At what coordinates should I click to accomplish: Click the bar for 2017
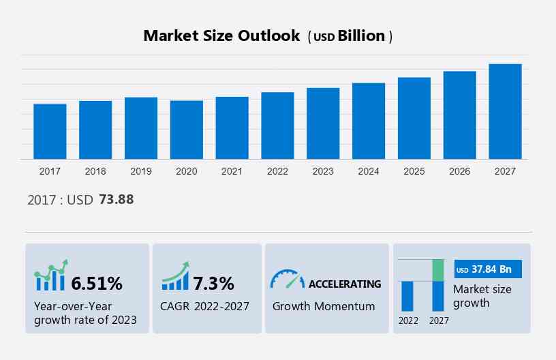50,132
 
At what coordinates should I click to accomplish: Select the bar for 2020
187,130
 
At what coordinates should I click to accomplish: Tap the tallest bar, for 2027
505,111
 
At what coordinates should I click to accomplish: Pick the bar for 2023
323,123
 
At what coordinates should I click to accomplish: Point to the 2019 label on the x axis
141,171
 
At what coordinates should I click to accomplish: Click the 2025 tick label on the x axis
414,171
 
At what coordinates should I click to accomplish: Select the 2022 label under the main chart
277,171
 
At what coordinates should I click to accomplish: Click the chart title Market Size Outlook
221,36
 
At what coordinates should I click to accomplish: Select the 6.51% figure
97,283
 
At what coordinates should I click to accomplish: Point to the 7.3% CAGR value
213,283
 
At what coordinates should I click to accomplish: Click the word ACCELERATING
345,284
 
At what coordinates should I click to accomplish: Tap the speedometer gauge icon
287,279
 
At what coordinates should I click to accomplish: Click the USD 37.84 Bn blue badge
487,269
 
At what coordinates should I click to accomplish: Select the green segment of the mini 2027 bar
438,270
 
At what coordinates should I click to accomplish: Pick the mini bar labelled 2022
407,296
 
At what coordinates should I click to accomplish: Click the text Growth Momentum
324,306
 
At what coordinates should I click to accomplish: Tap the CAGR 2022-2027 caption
204,306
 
